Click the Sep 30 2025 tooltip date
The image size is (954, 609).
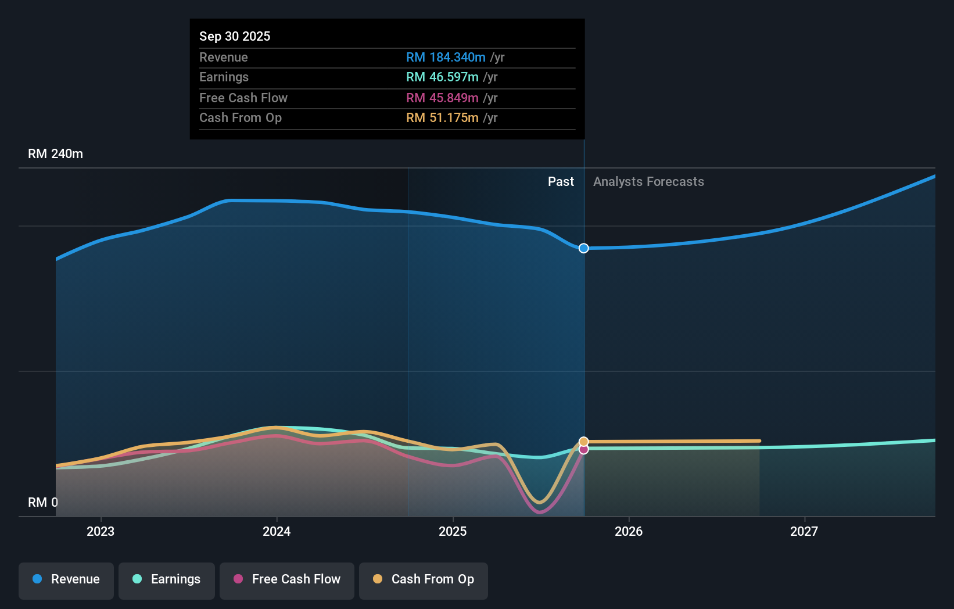[235, 36]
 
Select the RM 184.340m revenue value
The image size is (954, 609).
[446, 57]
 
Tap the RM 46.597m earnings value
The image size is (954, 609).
[442, 77]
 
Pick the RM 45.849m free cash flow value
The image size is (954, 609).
[442, 98]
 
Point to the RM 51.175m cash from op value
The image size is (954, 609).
[442, 117]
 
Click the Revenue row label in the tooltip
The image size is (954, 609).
[223, 57]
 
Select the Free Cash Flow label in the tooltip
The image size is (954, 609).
[243, 98]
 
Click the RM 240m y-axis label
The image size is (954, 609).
[55, 153]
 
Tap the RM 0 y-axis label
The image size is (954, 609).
[42, 502]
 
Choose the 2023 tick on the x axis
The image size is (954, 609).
[101, 531]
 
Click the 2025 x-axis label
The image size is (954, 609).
[453, 531]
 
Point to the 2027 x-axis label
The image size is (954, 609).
[804, 531]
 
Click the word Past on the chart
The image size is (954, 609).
[561, 181]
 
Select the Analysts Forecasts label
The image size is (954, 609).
[648, 181]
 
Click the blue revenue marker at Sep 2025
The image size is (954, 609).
[584, 248]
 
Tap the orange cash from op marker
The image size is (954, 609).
[584, 442]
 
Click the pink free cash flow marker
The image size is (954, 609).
[584, 450]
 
